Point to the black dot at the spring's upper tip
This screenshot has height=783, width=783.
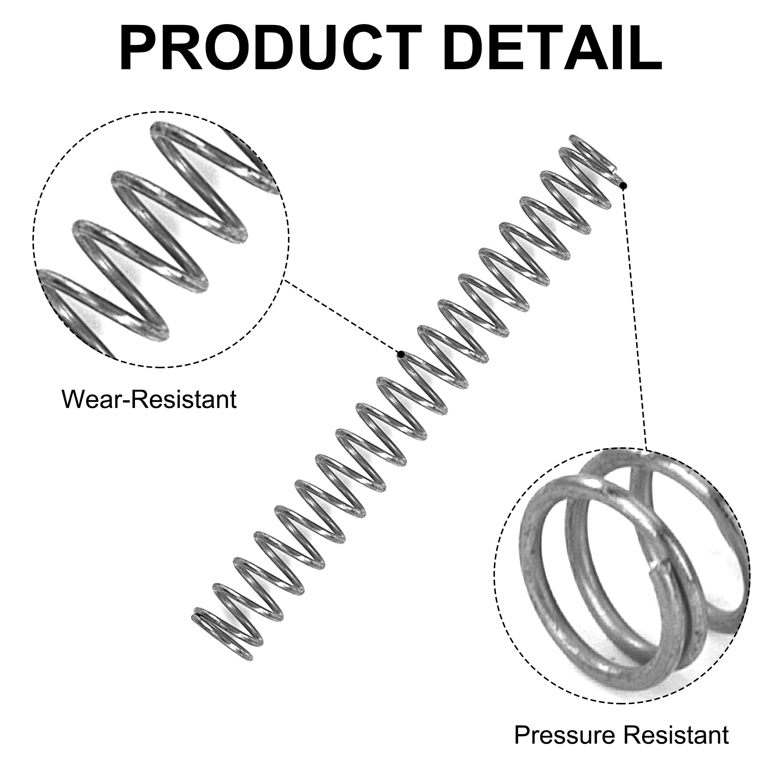pos(624,186)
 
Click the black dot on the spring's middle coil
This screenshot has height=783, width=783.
pos(401,355)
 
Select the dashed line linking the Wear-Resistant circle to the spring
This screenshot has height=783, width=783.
pos(342,317)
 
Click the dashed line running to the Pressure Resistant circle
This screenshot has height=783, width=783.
pos(635,318)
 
